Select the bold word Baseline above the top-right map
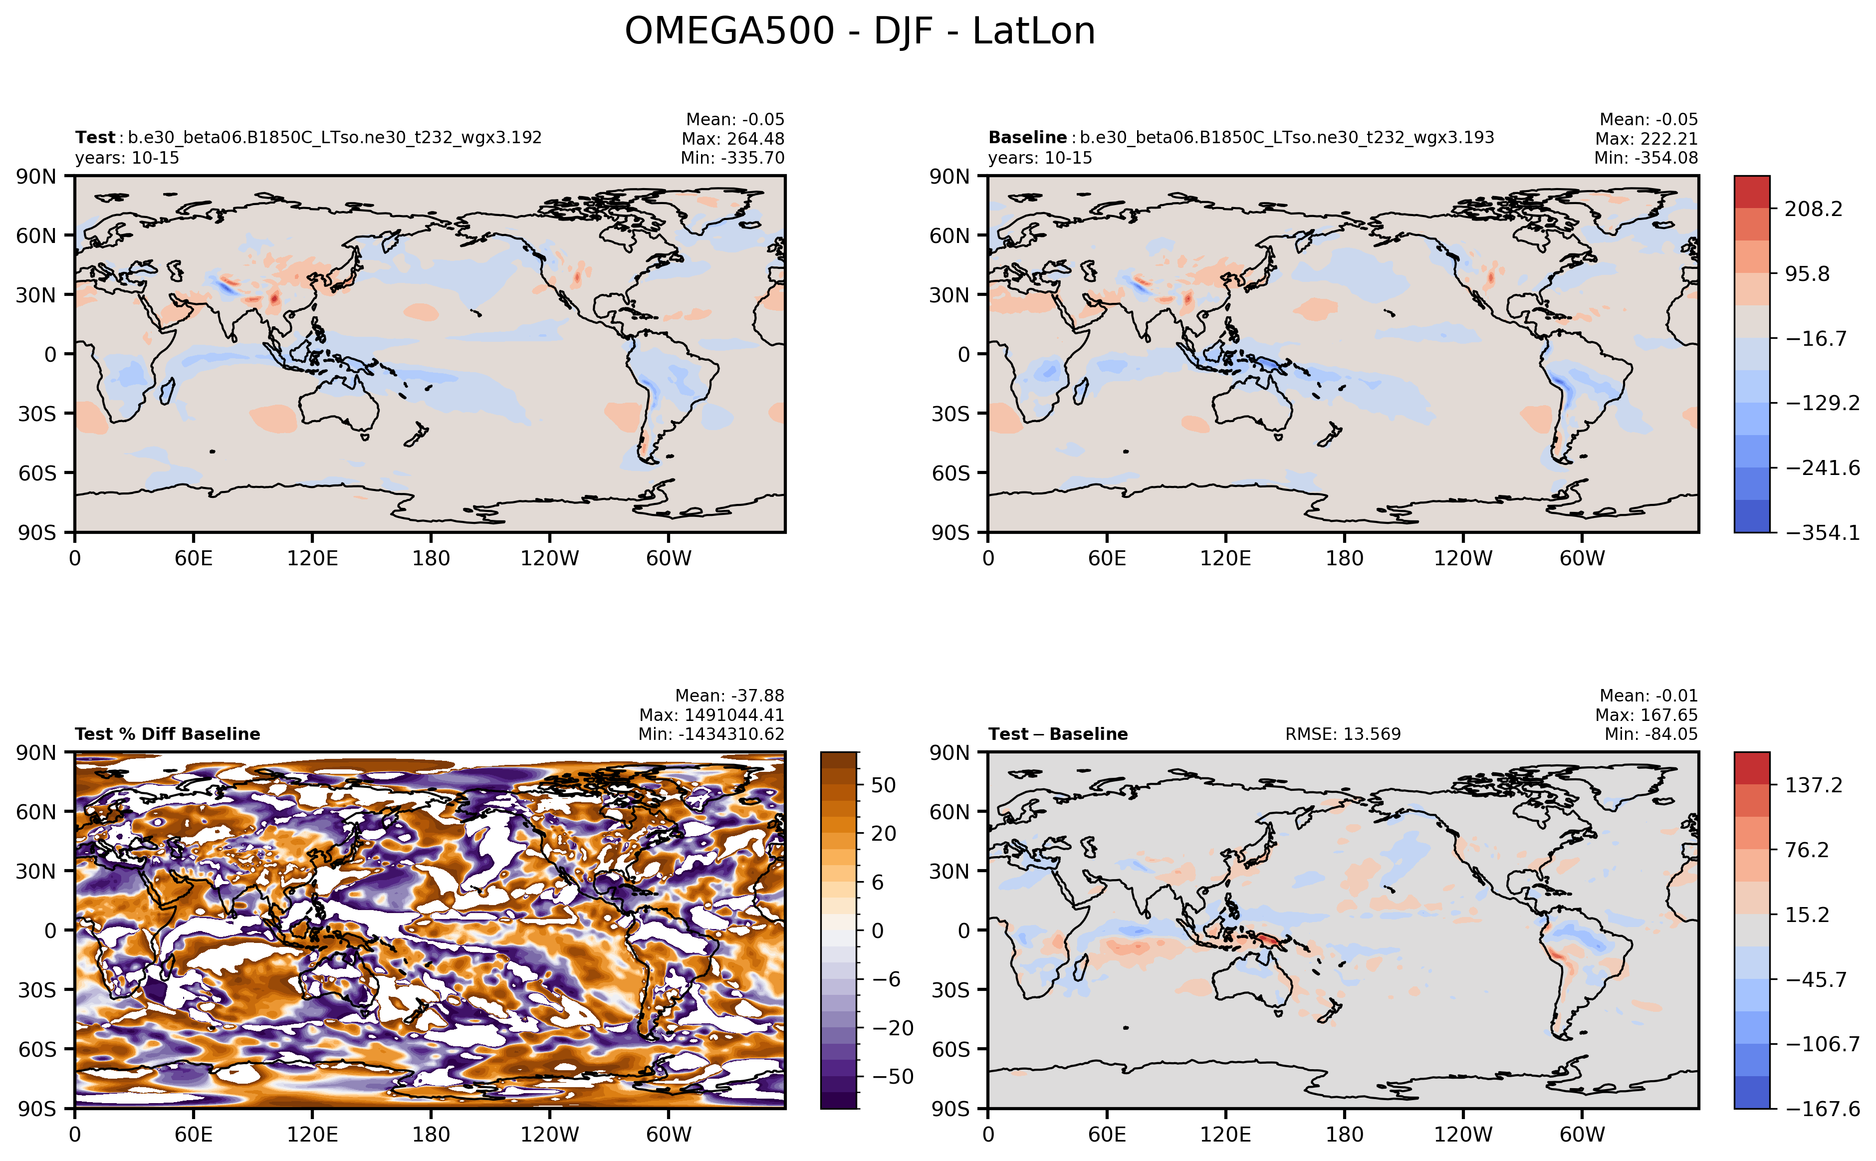[x=1027, y=137]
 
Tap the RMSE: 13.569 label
[x=1342, y=734]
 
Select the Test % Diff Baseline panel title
[x=168, y=734]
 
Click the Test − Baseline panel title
[x=1057, y=734]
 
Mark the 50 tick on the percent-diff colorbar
[x=883, y=785]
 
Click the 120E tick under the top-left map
[x=312, y=558]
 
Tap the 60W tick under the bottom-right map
[x=1582, y=1134]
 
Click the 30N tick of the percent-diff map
[x=36, y=871]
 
